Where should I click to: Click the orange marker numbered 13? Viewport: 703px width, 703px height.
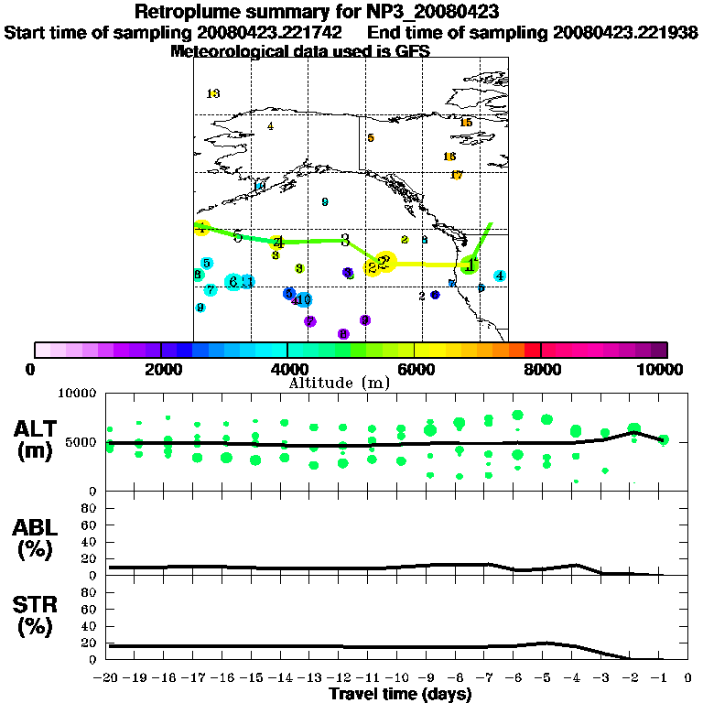click(x=213, y=93)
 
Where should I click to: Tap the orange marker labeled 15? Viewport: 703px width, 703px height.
click(x=466, y=123)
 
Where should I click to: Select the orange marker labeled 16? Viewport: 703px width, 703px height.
click(x=449, y=157)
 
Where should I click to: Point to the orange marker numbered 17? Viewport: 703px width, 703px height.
click(x=457, y=175)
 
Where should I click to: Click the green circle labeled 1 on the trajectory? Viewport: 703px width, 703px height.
click(x=470, y=265)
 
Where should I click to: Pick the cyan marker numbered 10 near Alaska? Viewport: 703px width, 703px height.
click(x=260, y=186)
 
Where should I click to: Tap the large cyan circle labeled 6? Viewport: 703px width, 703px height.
click(x=234, y=282)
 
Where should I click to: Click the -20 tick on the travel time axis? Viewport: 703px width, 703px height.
click(x=110, y=678)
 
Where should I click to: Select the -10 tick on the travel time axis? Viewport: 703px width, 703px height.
click(x=399, y=678)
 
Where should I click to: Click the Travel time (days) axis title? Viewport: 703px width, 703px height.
click(x=400, y=695)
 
